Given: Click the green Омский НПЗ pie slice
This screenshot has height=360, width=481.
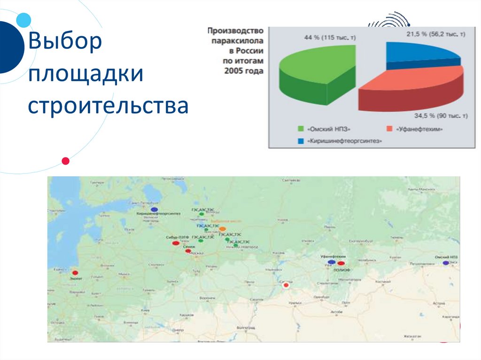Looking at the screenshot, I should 317,70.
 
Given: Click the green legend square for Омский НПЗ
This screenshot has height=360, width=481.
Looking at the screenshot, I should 301,128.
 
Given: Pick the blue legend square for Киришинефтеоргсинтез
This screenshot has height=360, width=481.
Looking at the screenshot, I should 301,140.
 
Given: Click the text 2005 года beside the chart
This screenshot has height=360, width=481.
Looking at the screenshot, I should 244,71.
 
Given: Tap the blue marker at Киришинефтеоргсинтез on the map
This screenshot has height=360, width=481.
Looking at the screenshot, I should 154,209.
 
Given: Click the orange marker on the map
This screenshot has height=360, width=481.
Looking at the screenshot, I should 222,229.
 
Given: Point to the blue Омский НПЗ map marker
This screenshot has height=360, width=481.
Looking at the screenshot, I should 445,263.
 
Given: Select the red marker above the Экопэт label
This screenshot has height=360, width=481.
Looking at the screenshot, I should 75,273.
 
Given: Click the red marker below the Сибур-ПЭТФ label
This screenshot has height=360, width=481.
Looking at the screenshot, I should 175,243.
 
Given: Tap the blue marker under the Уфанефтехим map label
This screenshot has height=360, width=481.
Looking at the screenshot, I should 332,262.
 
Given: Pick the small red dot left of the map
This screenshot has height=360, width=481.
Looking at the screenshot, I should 66,161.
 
